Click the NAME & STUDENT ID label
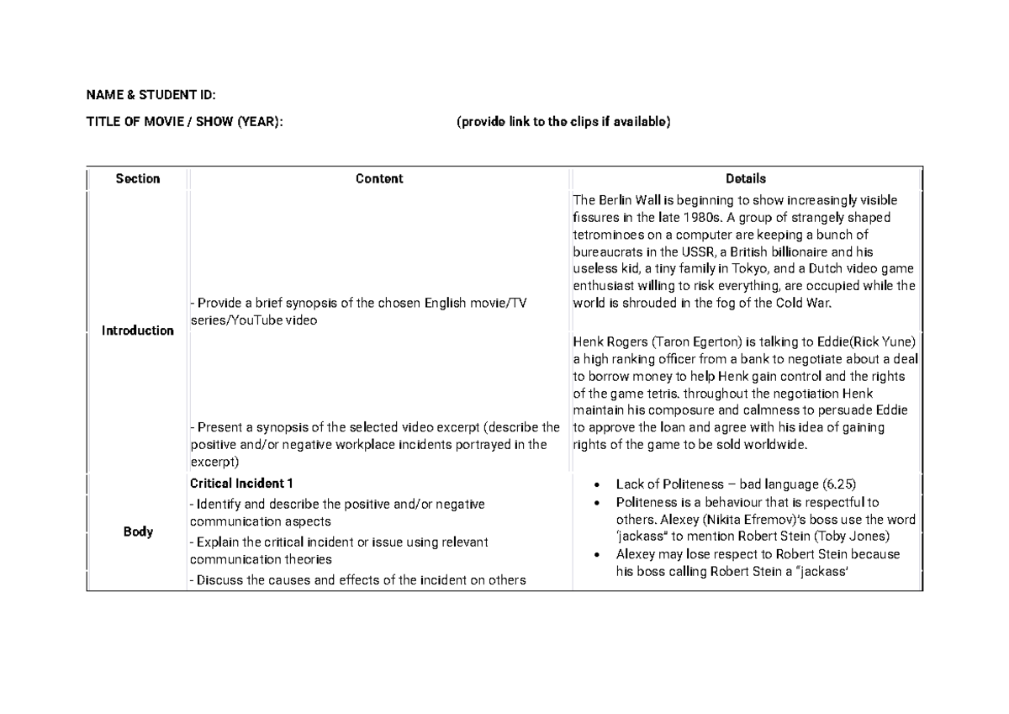click(x=156, y=94)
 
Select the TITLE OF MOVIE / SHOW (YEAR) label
click(x=184, y=122)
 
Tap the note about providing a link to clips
click(x=563, y=122)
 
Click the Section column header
click(x=138, y=178)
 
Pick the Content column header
click(x=379, y=178)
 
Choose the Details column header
click(x=746, y=178)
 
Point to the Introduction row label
click(x=138, y=331)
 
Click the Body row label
click(x=138, y=532)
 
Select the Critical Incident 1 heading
click(x=241, y=484)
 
